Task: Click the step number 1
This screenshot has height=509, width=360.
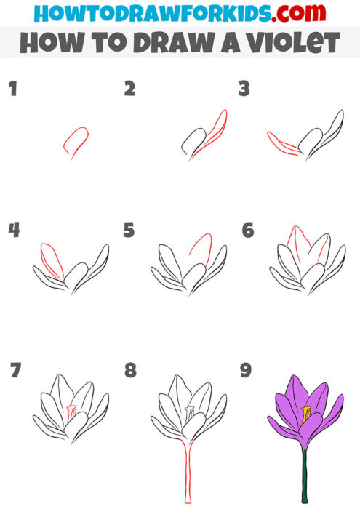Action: [12, 89]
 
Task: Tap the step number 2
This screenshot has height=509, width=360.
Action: [129, 89]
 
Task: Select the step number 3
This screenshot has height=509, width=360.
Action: [244, 89]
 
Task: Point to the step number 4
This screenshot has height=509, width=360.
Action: [14, 231]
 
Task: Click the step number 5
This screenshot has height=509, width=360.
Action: [129, 231]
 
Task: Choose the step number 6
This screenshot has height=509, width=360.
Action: [247, 231]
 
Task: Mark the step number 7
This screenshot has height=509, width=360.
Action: [15, 371]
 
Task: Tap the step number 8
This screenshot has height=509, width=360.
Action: [130, 371]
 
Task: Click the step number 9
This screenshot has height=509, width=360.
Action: [246, 371]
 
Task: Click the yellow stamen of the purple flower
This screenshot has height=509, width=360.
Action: [306, 415]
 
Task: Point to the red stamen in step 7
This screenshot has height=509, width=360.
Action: [71, 413]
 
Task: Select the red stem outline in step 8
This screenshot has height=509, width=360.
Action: [187, 473]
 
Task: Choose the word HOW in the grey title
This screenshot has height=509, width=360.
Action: [50, 43]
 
